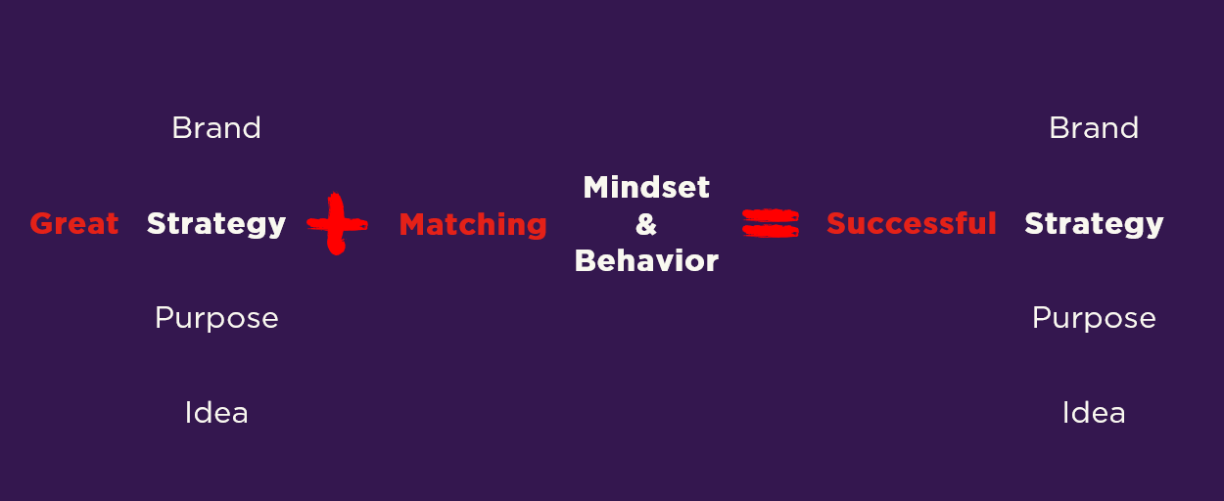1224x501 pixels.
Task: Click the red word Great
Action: (x=74, y=224)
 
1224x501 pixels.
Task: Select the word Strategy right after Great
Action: (x=216, y=225)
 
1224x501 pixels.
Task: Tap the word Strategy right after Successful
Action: (x=1094, y=225)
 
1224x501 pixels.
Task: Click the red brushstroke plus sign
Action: (x=337, y=224)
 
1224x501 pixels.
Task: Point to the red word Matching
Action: (x=473, y=225)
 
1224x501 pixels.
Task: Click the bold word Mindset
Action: (x=646, y=187)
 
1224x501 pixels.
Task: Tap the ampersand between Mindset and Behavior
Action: (x=646, y=224)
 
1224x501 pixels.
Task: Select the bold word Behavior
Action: (x=646, y=261)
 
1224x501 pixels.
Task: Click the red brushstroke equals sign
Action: (x=771, y=223)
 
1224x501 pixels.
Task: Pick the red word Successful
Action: (x=912, y=223)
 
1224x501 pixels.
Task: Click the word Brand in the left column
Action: (x=216, y=128)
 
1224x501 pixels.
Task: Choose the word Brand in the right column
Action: (x=1094, y=128)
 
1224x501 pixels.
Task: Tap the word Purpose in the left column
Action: (x=216, y=319)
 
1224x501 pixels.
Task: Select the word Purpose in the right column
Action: (x=1094, y=319)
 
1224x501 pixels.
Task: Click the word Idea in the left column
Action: (x=216, y=413)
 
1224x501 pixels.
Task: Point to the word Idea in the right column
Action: (x=1094, y=413)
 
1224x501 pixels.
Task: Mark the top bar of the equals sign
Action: (x=771, y=215)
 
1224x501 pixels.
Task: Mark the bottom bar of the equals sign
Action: (x=771, y=231)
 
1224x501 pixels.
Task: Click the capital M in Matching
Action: (x=413, y=224)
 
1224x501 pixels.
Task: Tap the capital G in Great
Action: (x=41, y=224)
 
